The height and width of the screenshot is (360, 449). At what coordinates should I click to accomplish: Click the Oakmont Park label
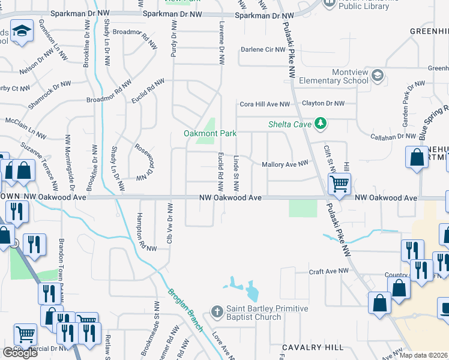tap(210, 133)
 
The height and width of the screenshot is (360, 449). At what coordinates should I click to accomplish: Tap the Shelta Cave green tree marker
tap(321, 124)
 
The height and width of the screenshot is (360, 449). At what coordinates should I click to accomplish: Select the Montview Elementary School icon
tap(377, 76)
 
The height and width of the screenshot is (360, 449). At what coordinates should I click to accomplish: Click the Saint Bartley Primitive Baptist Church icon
tap(218, 311)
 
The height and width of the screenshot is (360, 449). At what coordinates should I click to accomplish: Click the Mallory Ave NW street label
tap(285, 163)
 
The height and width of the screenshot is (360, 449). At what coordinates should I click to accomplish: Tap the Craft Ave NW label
tap(328, 271)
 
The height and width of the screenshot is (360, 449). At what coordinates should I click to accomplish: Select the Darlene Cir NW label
tap(262, 50)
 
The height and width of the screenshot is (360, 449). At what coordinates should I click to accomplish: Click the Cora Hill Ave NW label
tap(265, 104)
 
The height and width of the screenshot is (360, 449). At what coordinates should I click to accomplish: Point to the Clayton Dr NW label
tap(323, 103)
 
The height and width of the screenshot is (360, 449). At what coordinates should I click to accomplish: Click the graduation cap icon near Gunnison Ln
tap(22, 31)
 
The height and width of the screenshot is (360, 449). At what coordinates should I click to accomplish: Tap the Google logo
tap(20, 353)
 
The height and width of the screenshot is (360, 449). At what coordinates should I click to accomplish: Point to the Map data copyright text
tap(424, 355)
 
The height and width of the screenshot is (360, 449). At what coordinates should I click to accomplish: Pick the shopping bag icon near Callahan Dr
tap(416, 157)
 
